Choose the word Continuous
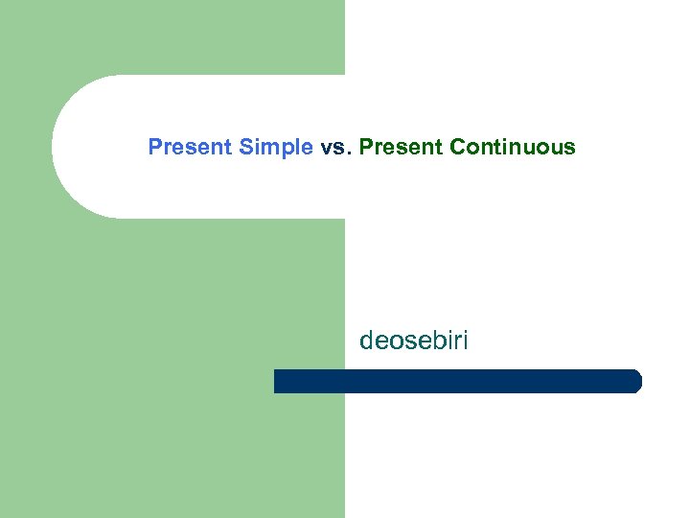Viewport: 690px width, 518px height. [x=513, y=148]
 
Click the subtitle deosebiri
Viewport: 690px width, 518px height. [x=414, y=341]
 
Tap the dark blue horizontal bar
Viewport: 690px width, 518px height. [x=457, y=381]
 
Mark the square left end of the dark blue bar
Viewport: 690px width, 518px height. [x=278, y=381]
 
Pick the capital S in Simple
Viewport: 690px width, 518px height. [x=246, y=148]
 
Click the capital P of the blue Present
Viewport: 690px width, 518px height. [x=154, y=148]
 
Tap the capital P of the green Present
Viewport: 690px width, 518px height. [x=366, y=148]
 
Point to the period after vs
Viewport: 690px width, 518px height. [x=351, y=153]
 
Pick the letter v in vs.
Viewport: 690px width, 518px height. [x=327, y=149]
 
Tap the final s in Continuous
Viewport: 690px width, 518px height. [x=570, y=149]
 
